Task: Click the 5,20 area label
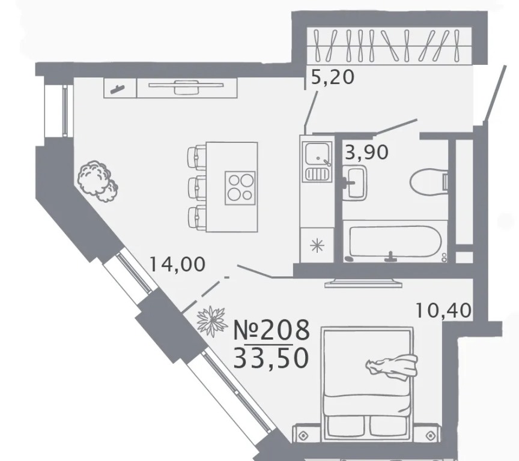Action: click(x=333, y=77)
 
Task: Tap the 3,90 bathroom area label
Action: click(x=366, y=152)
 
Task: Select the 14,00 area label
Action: click(x=177, y=264)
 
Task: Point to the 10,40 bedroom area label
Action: click(x=443, y=310)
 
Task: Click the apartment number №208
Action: click(x=272, y=330)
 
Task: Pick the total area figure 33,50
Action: click(x=272, y=358)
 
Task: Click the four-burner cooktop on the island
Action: click(x=240, y=188)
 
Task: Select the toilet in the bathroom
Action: click(x=429, y=181)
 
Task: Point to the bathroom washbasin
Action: click(x=354, y=183)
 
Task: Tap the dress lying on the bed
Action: click(x=392, y=366)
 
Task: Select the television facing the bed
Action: click(x=363, y=283)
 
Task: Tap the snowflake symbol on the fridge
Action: click(x=317, y=246)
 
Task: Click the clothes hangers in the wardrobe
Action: click(x=387, y=46)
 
